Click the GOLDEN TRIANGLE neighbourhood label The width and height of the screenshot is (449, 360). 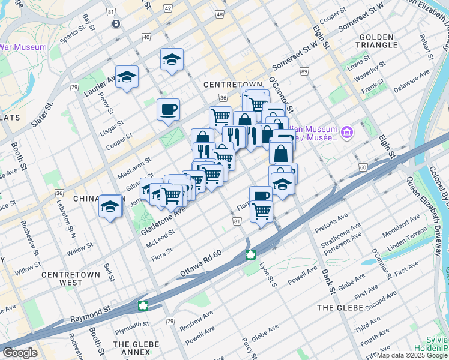(x=378, y=41)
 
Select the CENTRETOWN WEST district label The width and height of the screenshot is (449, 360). (x=71, y=278)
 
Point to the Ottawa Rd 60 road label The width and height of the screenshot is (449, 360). (x=202, y=265)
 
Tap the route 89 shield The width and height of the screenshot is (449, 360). (x=305, y=71)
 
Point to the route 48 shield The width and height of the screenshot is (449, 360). (x=220, y=13)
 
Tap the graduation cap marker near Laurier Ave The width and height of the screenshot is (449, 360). (x=127, y=76)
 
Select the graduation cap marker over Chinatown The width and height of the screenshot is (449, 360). (x=110, y=206)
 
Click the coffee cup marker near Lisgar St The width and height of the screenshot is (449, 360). (x=168, y=109)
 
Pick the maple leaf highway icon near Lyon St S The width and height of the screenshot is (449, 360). (x=249, y=256)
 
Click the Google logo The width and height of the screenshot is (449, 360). (x=20, y=353)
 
